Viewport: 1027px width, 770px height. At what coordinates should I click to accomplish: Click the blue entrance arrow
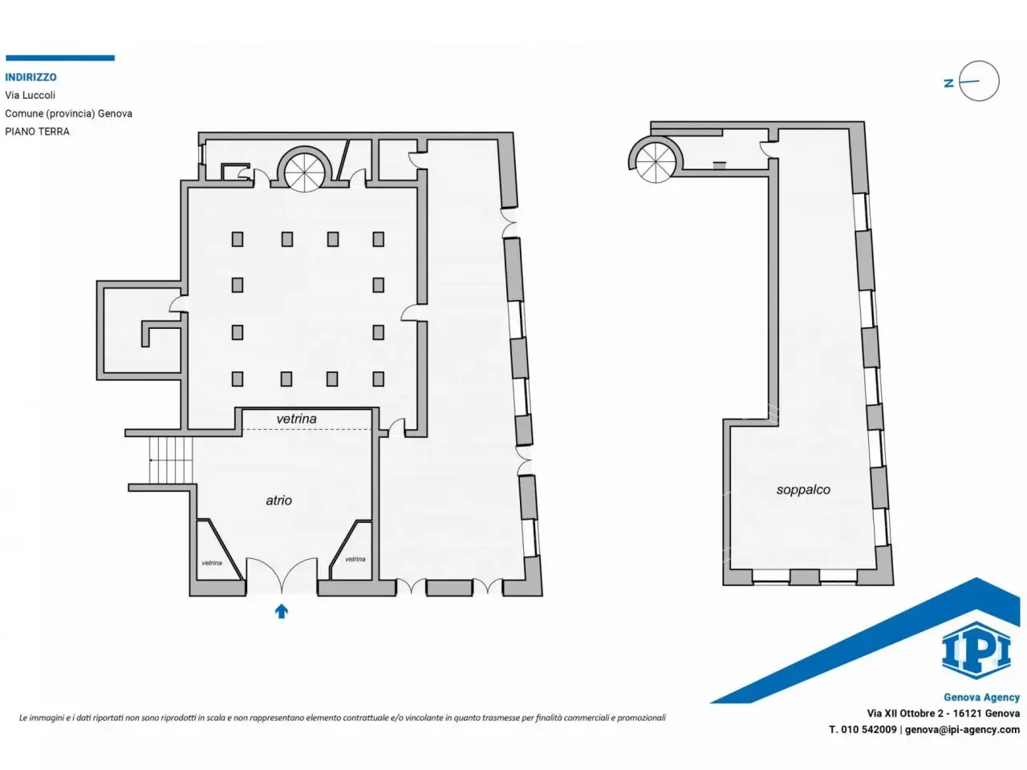point(281,611)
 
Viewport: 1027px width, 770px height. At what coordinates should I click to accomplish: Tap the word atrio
point(279,500)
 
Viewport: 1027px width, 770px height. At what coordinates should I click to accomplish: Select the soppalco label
point(803,490)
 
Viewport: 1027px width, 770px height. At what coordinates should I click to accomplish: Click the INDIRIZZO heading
point(30,77)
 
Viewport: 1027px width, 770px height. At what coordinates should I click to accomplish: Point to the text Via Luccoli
point(30,95)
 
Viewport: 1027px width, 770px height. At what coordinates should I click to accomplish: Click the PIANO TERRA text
point(38,132)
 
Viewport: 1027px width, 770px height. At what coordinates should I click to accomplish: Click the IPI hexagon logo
point(976,650)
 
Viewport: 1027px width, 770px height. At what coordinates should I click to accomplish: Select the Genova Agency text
point(981,697)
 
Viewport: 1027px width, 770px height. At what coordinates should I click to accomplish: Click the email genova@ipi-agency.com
point(962,730)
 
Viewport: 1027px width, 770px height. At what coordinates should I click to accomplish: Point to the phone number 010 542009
point(868,729)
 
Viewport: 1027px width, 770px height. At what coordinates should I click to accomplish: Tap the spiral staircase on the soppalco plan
point(654,159)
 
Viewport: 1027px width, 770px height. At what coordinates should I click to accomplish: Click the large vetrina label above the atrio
point(297,419)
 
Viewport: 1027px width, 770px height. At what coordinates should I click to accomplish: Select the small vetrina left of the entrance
point(212,563)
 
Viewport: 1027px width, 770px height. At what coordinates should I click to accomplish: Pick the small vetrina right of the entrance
point(355,559)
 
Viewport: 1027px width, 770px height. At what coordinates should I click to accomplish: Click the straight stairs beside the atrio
point(171,460)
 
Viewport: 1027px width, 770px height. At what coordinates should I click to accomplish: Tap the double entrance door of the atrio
point(282,576)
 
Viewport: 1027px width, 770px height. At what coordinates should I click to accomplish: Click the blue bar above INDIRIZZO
point(60,58)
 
